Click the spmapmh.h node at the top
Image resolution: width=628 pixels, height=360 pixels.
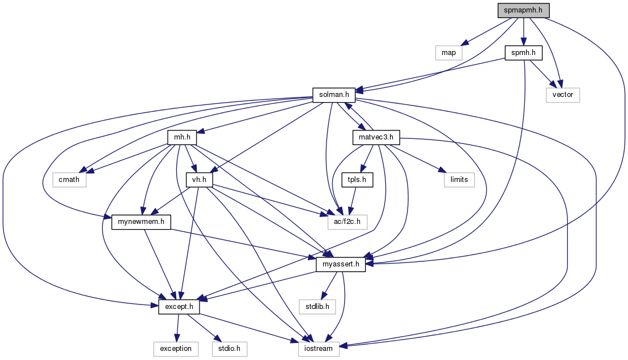pyautogui.click(x=524, y=11)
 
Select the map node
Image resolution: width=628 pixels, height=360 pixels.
pyautogui.click(x=449, y=53)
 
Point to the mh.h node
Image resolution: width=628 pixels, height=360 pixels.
pyautogui.click(x=182, y=137)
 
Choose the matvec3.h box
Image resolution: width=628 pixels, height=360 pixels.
pyautogui.click(x=376, y=137)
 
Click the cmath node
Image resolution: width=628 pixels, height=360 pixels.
pyautogui.click(x=70, y=180)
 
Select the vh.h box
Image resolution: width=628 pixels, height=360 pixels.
pyautogui.click(x=199, y=180)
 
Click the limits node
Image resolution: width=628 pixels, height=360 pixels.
pyautogui.click(x=459, y=180)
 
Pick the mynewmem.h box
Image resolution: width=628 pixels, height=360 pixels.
pyautogui.click(x=142, y=222)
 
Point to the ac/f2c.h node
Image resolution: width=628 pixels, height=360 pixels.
pyautogui.click(x=347, y=222)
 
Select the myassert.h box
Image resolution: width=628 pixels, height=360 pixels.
pyautogui.click(x=340, y=264)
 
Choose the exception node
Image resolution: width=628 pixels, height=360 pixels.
pyautogui.click(x=176, y=349)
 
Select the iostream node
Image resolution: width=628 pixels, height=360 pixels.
pyautogui.click(x=319, y=349)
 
